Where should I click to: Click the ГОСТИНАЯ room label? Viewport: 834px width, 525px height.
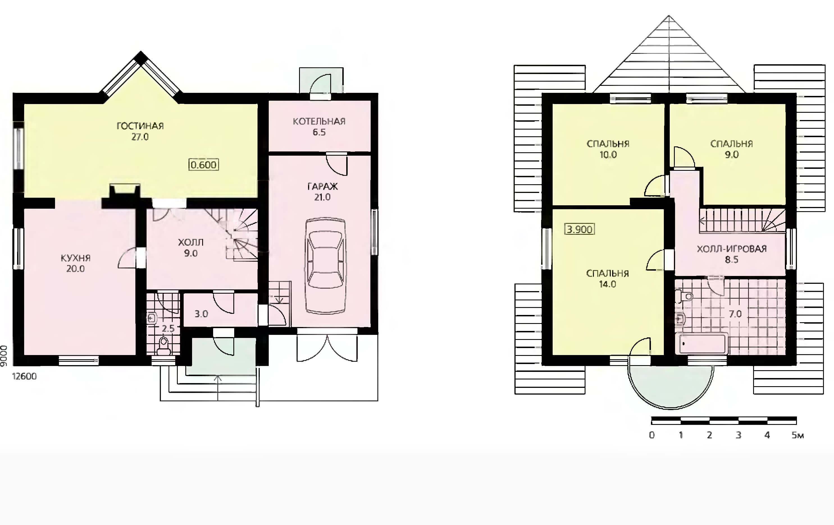pos(140,126)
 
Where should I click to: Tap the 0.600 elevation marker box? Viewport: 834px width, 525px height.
pos(204,165)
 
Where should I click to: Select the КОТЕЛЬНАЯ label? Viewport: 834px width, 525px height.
pos(319,121)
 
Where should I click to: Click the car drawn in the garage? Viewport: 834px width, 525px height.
pos(325,266)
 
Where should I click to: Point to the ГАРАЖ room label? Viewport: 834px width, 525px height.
pos(322,186)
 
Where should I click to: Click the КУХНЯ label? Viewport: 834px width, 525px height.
pos(76,258)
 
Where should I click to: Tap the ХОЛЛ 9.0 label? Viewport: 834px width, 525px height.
pos(190,248)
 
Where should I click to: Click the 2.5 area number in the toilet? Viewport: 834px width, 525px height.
pos(168,329)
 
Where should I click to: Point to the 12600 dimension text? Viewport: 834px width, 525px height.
pos(24,376)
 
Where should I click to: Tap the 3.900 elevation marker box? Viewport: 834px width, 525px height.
pos(579,229)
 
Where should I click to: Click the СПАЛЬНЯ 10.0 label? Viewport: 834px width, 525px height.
pos(608,149)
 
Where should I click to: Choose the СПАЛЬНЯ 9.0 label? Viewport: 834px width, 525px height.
pos(732,149)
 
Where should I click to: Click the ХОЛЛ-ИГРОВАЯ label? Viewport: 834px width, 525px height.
pos(732,249)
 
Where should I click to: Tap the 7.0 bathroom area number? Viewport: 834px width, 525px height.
pos(735,314)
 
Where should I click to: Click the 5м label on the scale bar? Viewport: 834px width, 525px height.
pos(797,435)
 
